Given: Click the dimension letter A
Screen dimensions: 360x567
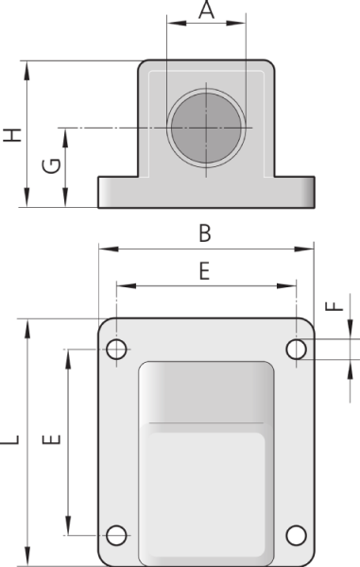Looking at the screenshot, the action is coord(206,9).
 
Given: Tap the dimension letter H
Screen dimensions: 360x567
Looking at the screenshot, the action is coord(12,135).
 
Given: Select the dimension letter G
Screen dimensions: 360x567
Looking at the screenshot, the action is coord(51,166).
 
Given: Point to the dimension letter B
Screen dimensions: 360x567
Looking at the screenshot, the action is coord(205,233).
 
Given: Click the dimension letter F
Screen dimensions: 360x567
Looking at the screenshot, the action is coord(334,306).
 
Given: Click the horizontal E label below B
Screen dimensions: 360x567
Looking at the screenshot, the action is coord(205,271).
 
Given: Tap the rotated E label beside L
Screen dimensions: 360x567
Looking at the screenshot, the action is coord(51,439).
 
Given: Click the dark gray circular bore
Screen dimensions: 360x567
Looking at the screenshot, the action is coord(206,128).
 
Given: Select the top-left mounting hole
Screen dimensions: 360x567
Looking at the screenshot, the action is coord(116,350).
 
